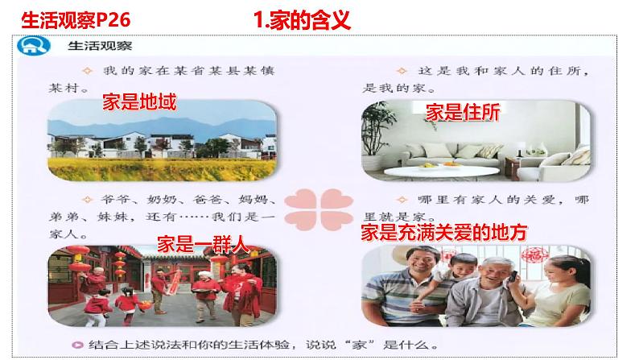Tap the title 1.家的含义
click(x=302, y=19)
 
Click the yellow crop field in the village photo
click(x=161, y=167)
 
